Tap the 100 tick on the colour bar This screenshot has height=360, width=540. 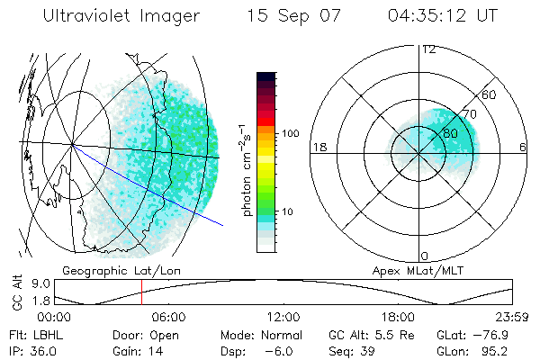point(291,133)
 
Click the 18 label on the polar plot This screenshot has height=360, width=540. point(318,148)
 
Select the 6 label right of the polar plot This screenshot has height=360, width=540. point(523,148)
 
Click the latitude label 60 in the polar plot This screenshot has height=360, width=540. point(490,94)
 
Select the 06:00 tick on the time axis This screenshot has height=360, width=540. point(168,317)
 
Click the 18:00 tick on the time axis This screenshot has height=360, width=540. point(398,317)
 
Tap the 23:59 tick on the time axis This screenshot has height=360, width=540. point(512,317)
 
